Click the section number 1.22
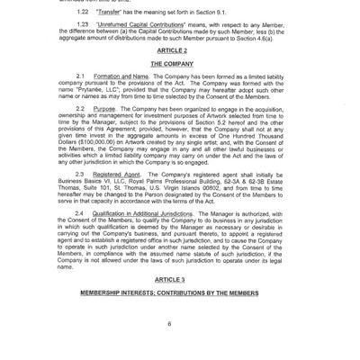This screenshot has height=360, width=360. click(82, 14)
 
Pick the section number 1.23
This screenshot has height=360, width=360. click(82, 27)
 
